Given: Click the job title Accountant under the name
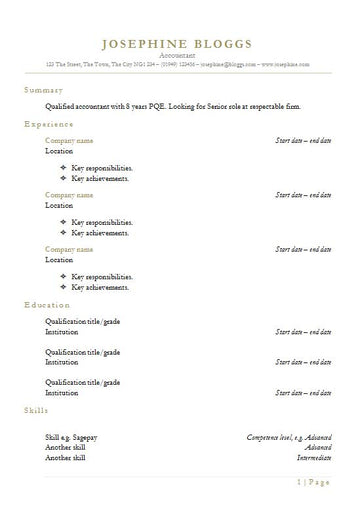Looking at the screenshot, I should (179, 56).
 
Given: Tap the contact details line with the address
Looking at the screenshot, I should (179, 64).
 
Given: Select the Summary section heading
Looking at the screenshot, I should (42, 89).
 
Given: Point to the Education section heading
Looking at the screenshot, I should (47, 305).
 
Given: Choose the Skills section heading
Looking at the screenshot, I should (36, 410).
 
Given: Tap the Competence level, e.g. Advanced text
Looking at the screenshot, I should (288, 437).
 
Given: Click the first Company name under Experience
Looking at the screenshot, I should (69, 141).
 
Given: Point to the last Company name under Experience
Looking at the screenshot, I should (69, 248).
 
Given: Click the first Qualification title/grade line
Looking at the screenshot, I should (83, 321).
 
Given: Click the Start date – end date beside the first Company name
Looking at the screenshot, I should (303, 141).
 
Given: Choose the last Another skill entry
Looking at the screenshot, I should (65, 457).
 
